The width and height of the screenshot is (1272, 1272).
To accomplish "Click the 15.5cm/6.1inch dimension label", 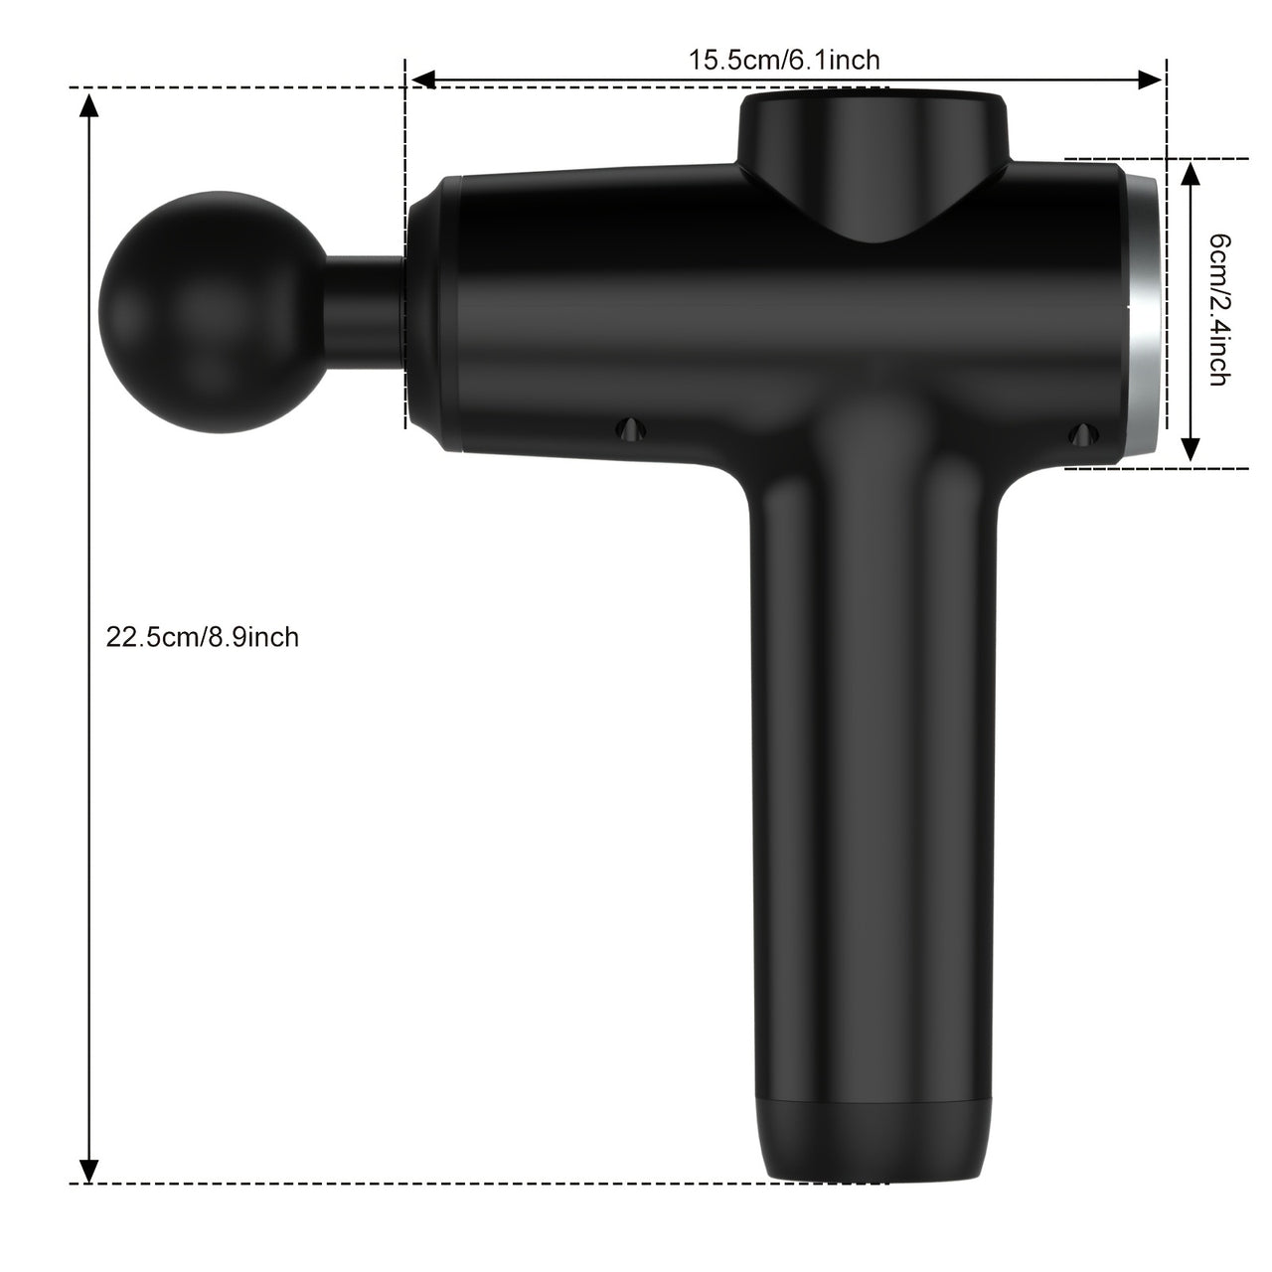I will click(784, 60).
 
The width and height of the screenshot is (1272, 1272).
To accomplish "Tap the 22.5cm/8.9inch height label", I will click(203, 636).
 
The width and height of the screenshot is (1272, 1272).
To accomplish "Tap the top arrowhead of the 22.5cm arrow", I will click(89, 103).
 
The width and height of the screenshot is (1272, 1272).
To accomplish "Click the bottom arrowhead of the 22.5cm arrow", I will click(89, 1170).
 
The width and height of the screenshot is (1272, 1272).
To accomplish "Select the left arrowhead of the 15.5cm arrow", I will click(422, 79).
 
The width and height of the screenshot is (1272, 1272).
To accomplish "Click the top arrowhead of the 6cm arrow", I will click(1191, 173).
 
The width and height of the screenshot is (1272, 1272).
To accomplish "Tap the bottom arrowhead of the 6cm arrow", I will click(1191, 451).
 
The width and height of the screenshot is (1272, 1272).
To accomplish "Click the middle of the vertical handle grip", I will click(874, 795).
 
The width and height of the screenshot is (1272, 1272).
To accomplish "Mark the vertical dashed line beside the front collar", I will click(404, 248).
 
